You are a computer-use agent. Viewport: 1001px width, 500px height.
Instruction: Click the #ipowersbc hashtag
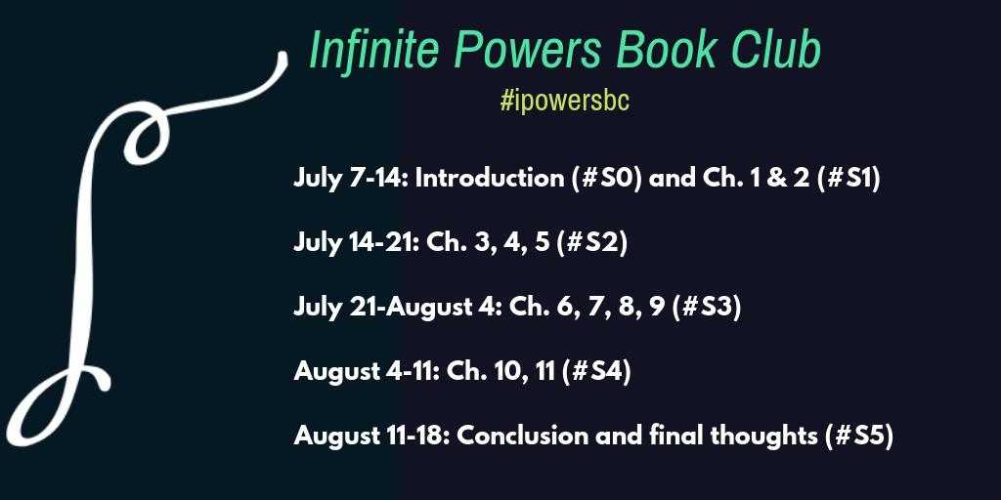[x=564, y=103]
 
